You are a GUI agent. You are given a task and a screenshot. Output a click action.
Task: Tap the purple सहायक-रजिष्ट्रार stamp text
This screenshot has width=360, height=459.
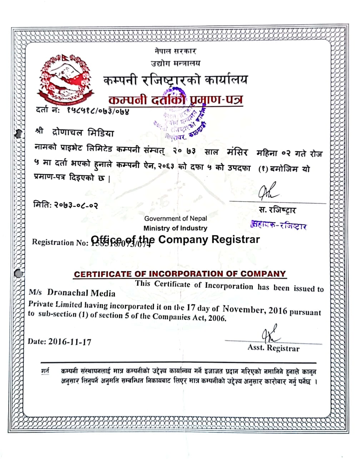click(279, 225)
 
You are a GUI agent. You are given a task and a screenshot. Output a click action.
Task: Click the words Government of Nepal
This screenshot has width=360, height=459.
click(175, 218)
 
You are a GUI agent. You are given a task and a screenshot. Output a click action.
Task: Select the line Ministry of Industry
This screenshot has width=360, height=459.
click(175, 228)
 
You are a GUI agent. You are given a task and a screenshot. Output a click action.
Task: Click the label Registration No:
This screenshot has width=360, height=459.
click(60, 242)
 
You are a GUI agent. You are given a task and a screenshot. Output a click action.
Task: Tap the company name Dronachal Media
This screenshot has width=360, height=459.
click(81, 293)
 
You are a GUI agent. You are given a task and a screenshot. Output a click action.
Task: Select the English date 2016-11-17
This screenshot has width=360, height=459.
click(70, 341)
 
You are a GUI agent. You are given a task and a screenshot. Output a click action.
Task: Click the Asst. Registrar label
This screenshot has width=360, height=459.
click(274, 348)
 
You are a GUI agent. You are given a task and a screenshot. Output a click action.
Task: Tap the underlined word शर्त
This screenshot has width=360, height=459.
click(45, 371)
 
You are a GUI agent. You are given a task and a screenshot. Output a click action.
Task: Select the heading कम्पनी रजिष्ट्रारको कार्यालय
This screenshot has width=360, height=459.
click(175, 80)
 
